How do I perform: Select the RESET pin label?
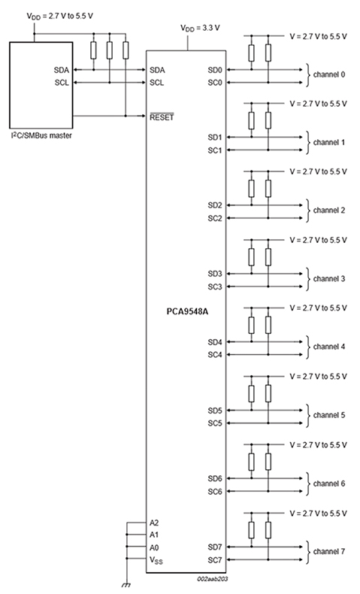(x=161, y=117)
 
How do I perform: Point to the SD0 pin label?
(x=214, y=69)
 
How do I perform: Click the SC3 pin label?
(x=214, y=286)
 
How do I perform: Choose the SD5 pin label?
(x=214, y=411)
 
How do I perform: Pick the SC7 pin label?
(x=214, y=560)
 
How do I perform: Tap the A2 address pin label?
(x=155, y=522)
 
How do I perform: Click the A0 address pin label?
(x=155, y=547)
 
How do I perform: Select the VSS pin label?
(x=156, y=560)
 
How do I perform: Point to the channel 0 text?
(x=329, y=75)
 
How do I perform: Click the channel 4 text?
(x=329, y=347)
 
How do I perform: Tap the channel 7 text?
(x=329, y=552)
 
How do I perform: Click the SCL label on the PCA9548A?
(x=157, y=83)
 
